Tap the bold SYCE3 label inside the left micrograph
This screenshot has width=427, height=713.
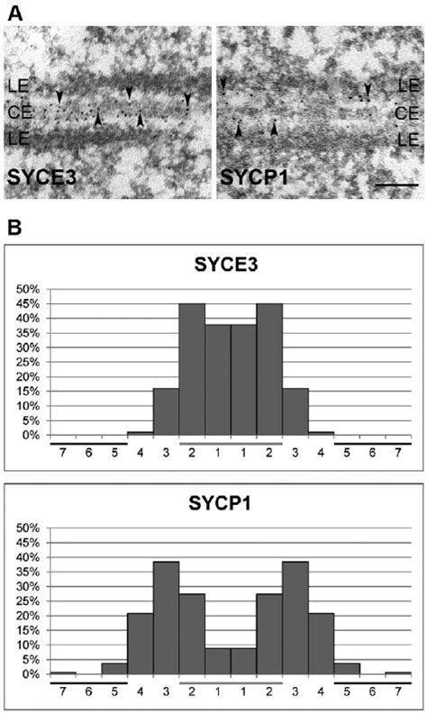[40, 177]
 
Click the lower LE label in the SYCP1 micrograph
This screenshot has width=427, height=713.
[407, 140]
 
